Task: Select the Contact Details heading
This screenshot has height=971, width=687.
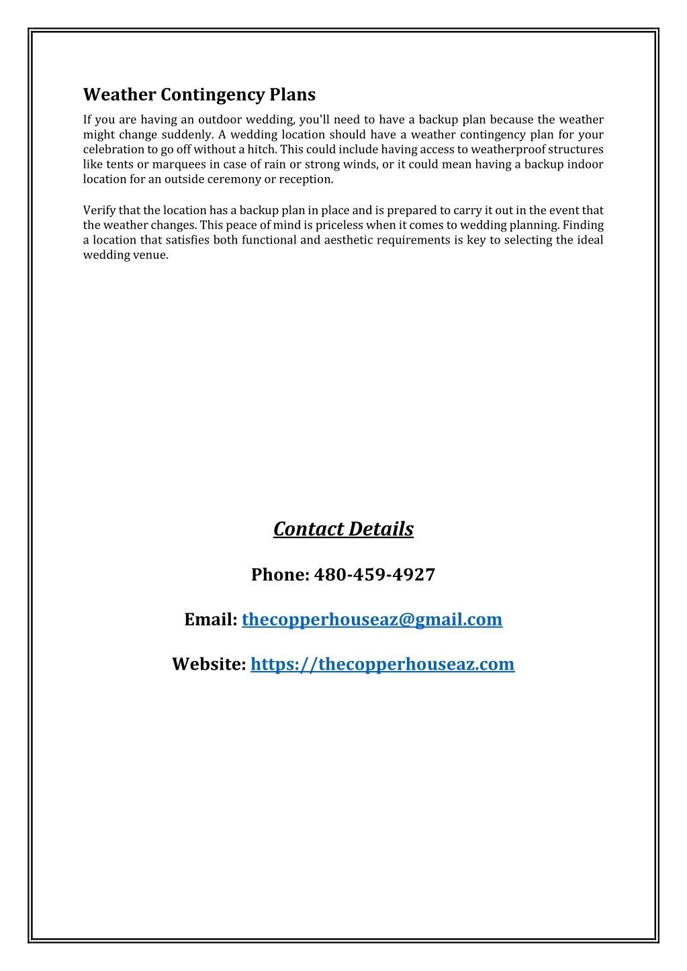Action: pyautogui.click(x=343, y=529)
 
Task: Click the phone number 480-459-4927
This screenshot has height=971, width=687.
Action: pyautogui.click(x=374, y=574)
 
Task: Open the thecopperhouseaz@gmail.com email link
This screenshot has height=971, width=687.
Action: pyautogui.click(x=371, y=619)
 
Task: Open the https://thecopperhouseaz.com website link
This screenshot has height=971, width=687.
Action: pyautogui.click(x=382, y=664)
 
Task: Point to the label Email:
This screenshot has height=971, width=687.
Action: pyautogui.click(x=211, y=619)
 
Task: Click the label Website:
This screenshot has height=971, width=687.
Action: pyautogui.click(x=209, y=664)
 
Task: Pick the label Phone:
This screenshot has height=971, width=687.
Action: pyautogui.click(x=279, y=574)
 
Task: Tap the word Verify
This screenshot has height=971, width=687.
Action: pyautogui.click(x=99, y=210)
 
